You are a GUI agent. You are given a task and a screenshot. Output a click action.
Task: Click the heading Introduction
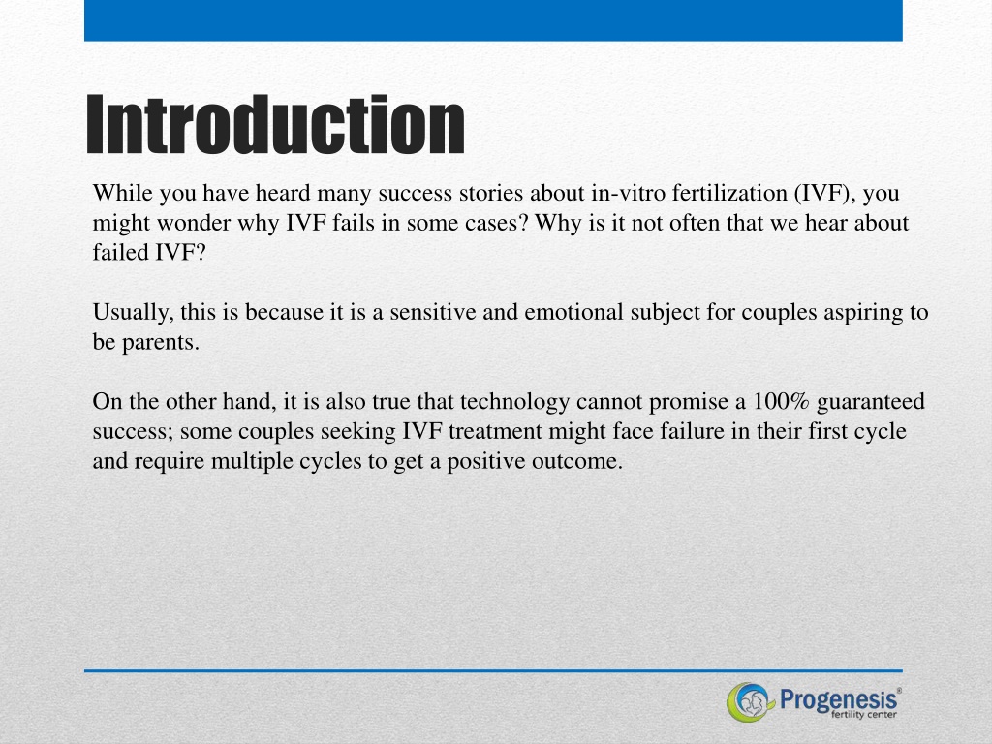275,124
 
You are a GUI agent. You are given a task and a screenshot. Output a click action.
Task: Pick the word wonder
194,223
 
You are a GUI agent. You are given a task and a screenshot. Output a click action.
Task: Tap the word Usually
134,313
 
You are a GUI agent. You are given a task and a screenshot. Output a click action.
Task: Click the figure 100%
782,401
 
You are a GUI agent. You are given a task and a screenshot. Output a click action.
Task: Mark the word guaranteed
871,402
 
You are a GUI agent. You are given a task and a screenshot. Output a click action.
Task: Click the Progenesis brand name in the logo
839,700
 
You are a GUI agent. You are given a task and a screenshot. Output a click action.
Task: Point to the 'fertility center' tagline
863,715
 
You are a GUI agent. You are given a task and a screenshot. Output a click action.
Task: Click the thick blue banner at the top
493,20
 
